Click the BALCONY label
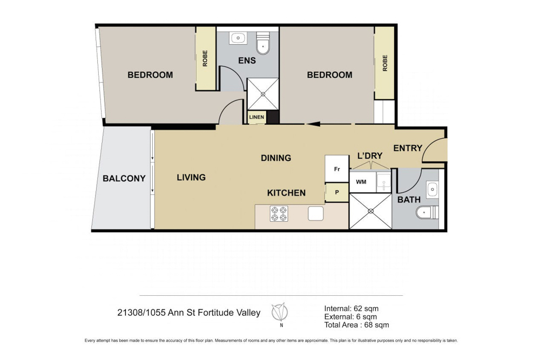click(x=124, y=178)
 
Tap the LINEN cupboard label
click(x=256, y=117)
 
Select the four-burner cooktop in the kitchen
click(x=279, y=213)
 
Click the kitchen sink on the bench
click(x=315, y=213)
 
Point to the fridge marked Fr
click(x=337, y=168)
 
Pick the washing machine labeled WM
click(x=361, y=182)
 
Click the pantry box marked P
click(x=337, y=192)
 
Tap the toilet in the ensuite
click(x=263, y=43)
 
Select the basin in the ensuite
click(x=238, y=38)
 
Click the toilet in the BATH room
click(x=427, y=212)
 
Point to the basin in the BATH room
click(x=433, y=189)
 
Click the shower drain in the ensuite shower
click(x=263, y=93)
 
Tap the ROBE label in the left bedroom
click(x=205, y=58)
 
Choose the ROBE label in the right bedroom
click(x=384, y=63)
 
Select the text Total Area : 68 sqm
click(x=356, y=324)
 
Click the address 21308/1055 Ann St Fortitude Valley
click(x=188, y=313)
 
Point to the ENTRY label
click(x=408, y=148)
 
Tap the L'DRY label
click(x=370, y=155)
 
